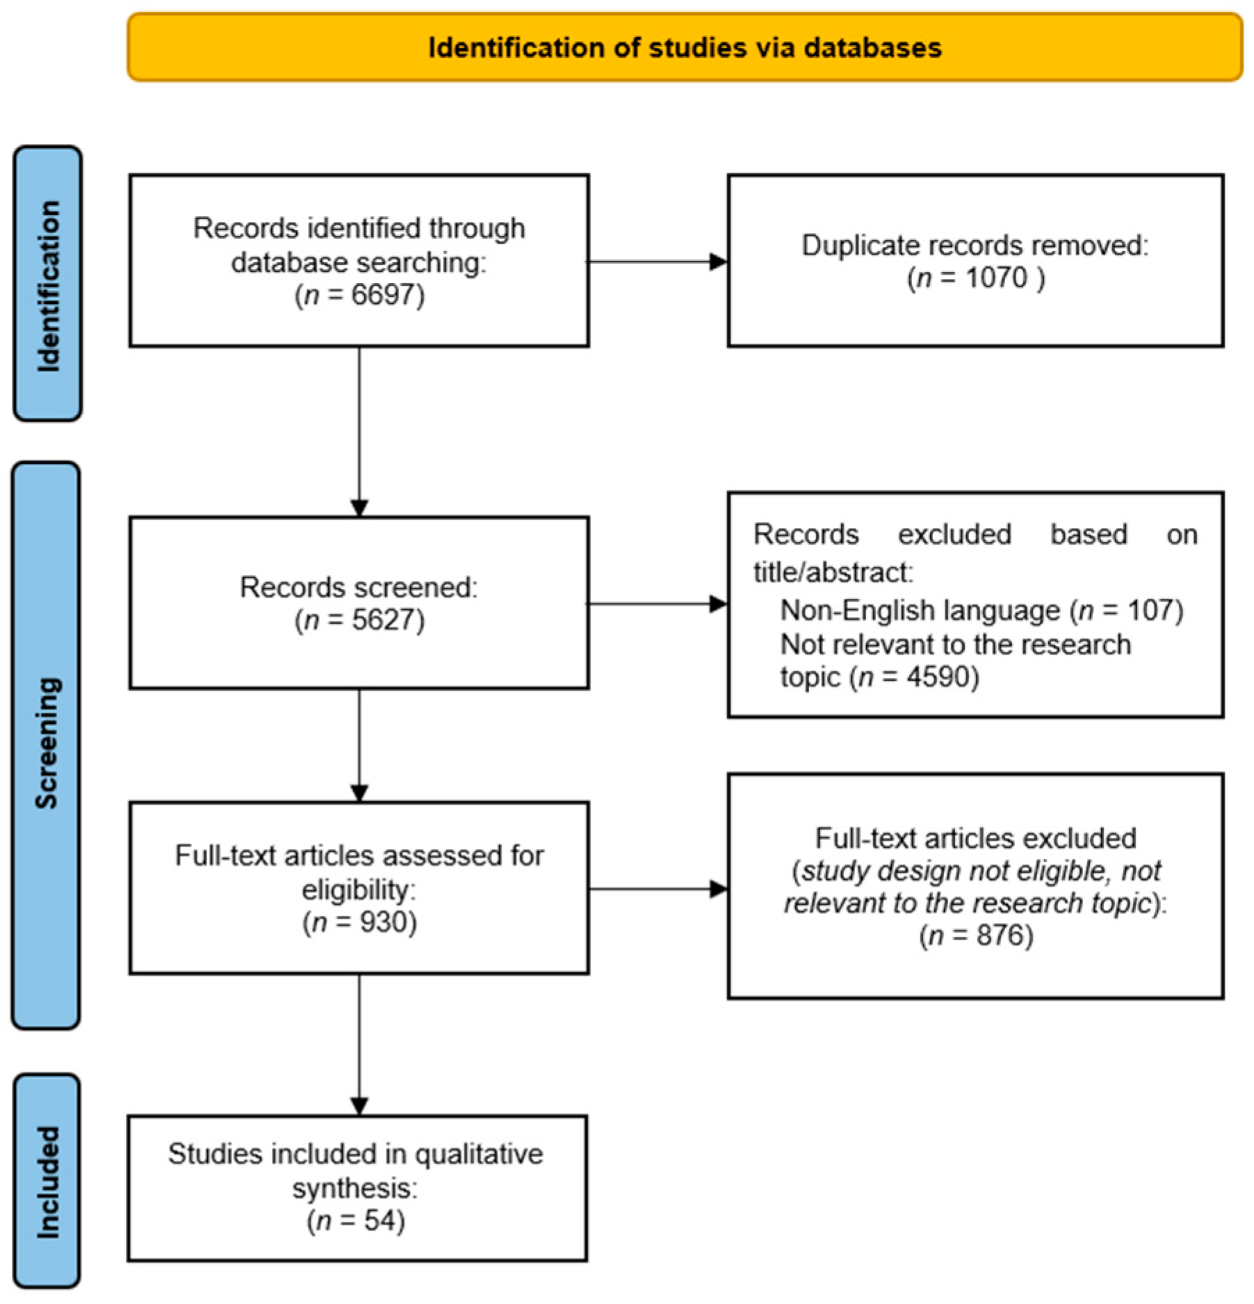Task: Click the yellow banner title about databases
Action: (x=685, y=48)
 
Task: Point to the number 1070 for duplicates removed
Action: (x=996, y=278)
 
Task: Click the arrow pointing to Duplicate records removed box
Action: (x=658, y=262)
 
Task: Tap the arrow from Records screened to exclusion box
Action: (x=658, y=604)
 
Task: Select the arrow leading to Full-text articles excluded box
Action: (x=658, y=889)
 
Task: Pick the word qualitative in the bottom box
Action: (x=479, y=1155)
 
